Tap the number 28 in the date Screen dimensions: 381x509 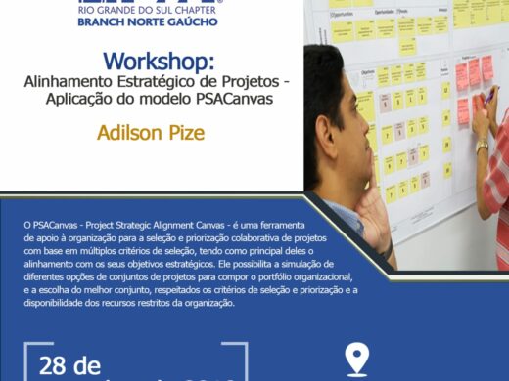[x=57, y=367]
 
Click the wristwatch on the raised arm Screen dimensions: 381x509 [x=482, y=147]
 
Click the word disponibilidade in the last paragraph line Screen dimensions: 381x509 [x=54, y=304]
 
